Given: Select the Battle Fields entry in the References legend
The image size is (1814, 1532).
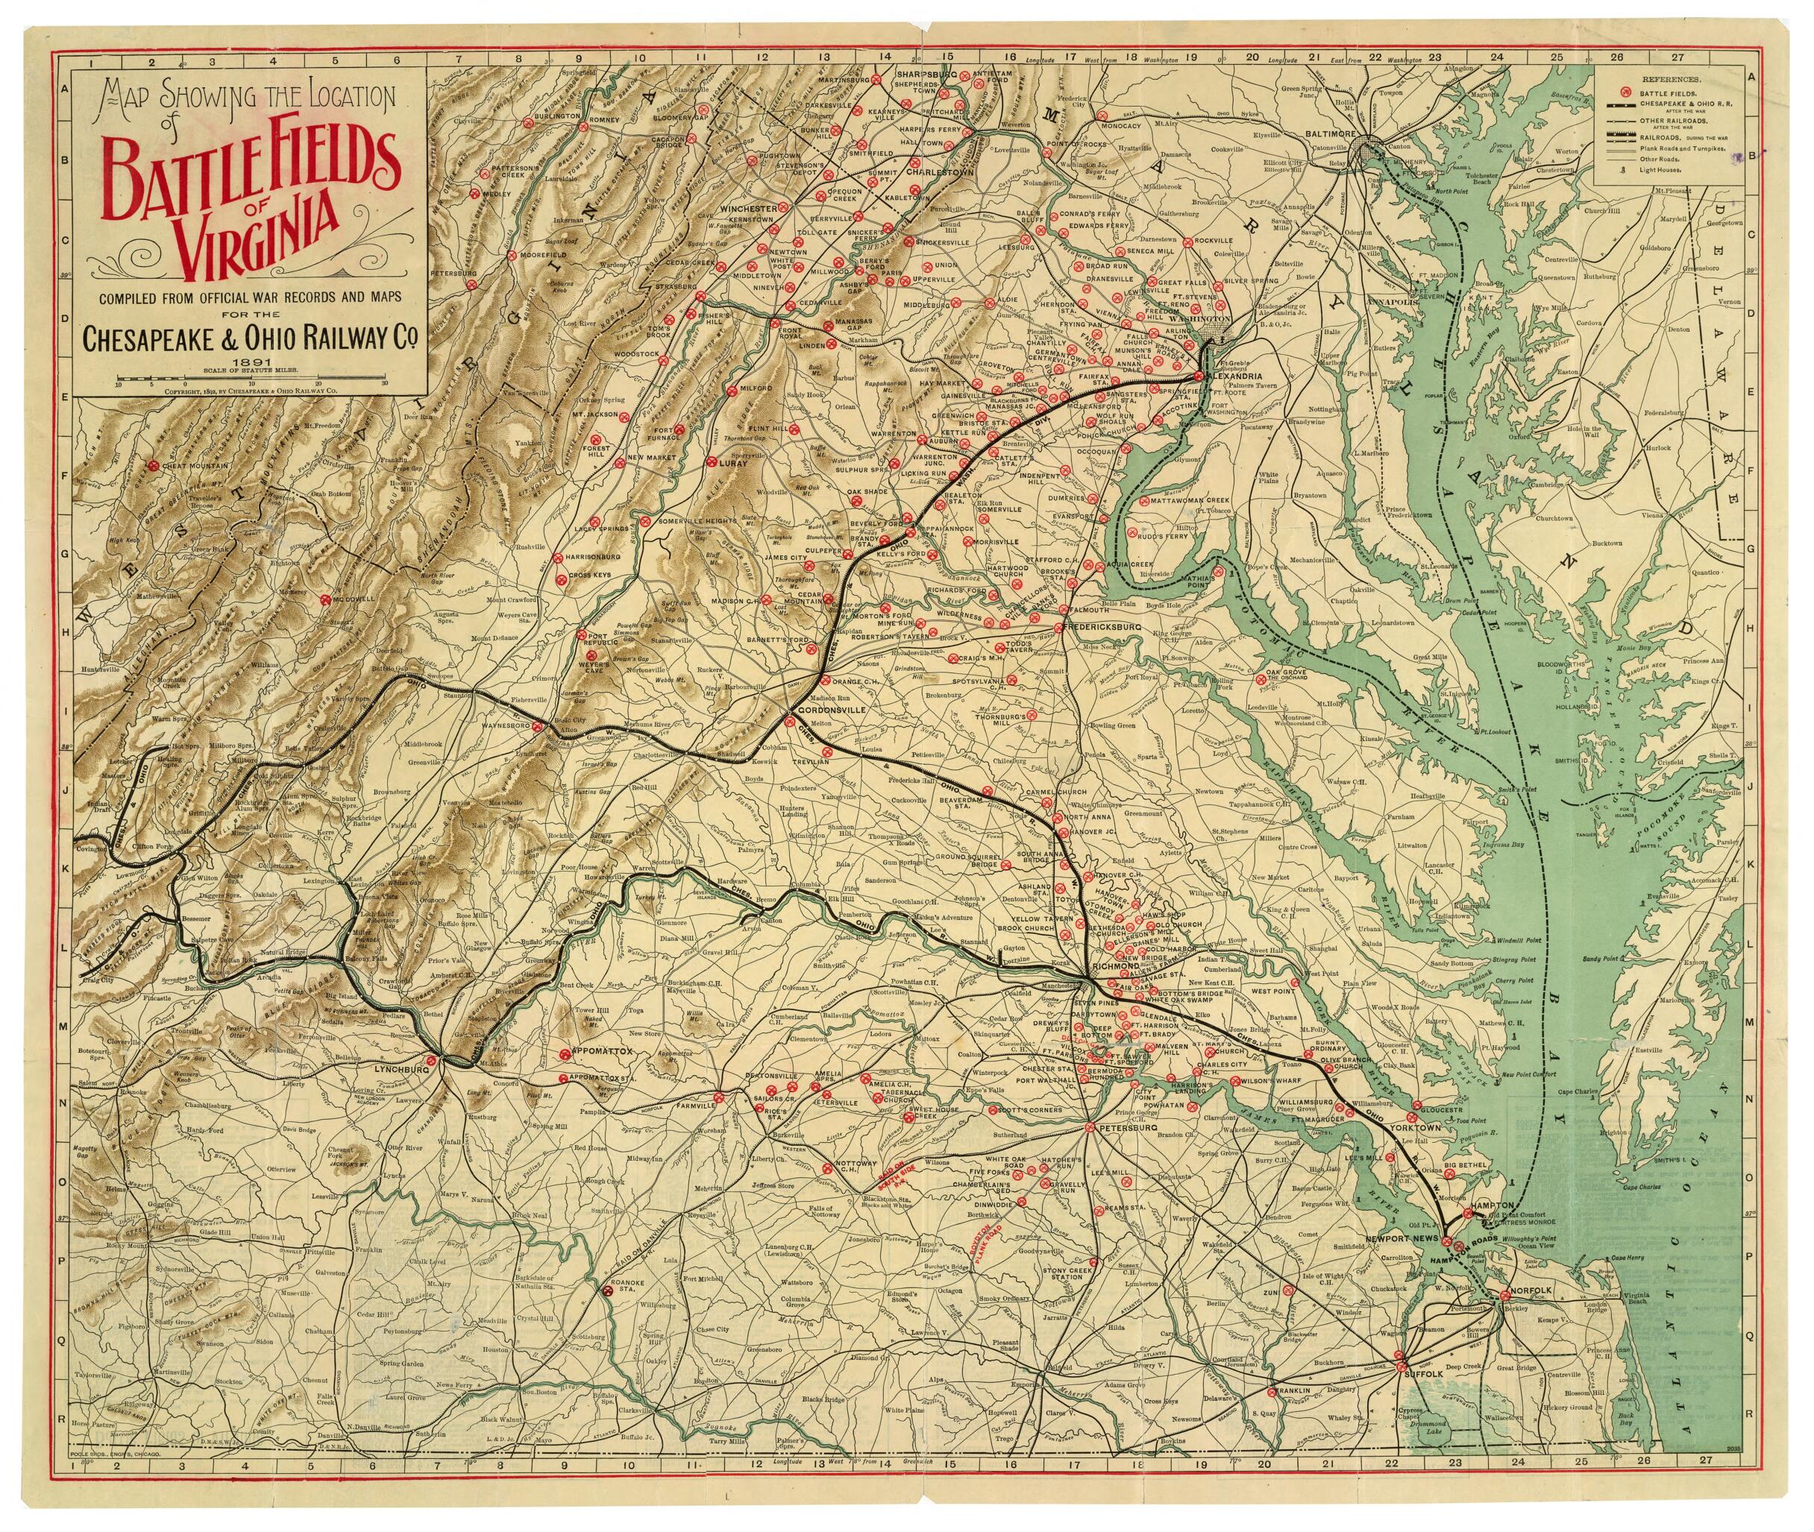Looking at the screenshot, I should pyautogui.click(x=1672, y=91).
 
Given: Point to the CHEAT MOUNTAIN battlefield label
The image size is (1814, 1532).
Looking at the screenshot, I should pyautogui.click(x=189, y=467).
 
